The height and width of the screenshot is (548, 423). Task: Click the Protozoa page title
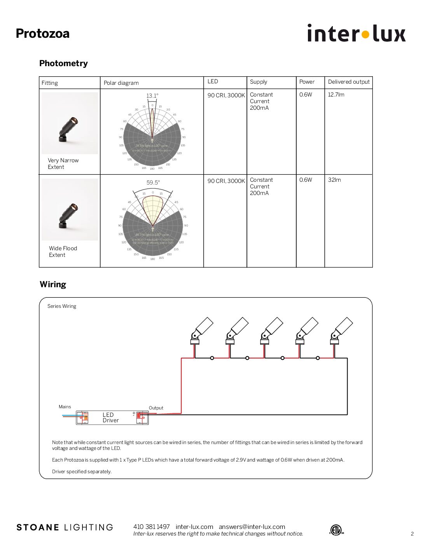click(42, 33)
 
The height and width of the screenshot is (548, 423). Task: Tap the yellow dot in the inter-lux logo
click(365, 35)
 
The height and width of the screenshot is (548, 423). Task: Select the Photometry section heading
click(63, 63)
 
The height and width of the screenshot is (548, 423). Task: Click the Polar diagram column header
click(121, 83)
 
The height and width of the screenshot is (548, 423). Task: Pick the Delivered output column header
click(348, 82)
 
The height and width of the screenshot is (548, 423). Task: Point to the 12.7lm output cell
click(336, 95)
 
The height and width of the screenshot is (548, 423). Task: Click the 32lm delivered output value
click(334, 180)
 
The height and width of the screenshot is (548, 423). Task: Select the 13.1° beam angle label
click(152, 96)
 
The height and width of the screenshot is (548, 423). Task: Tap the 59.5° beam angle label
click(153, 183)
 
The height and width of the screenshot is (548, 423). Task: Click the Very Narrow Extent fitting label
click(63, 163)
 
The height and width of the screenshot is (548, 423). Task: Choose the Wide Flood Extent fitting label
click(63, 251)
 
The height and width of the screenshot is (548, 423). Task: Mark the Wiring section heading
click(53, 284)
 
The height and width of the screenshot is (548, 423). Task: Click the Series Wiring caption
click(62, 306)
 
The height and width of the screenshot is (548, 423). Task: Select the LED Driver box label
click(110, 418)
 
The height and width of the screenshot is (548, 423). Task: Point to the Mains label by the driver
click(65, 407)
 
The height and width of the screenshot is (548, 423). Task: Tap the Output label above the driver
click(156, 408)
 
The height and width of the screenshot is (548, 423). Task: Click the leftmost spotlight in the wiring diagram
click(201, 331)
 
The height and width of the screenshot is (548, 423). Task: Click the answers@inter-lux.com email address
click(252, 527)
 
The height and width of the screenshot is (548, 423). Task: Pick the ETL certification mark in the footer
click(336, 530)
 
